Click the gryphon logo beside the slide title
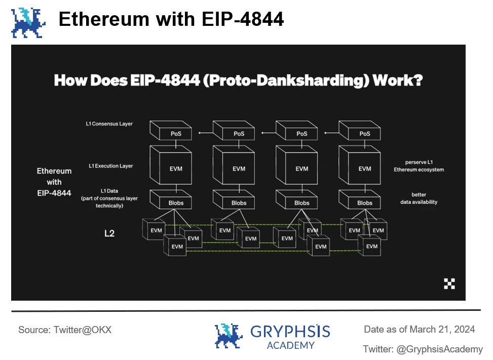[28, 22]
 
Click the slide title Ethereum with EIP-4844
[171, 20]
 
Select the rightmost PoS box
[364, 134]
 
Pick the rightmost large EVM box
[364, 169]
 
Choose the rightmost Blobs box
[364, 203]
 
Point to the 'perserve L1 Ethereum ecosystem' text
[419, 165]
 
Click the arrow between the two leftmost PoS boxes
[206, 133]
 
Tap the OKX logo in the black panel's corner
[449, 284]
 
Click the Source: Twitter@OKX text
[65, 330]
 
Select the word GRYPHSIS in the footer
[290, 332]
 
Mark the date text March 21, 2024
[442, 330]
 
